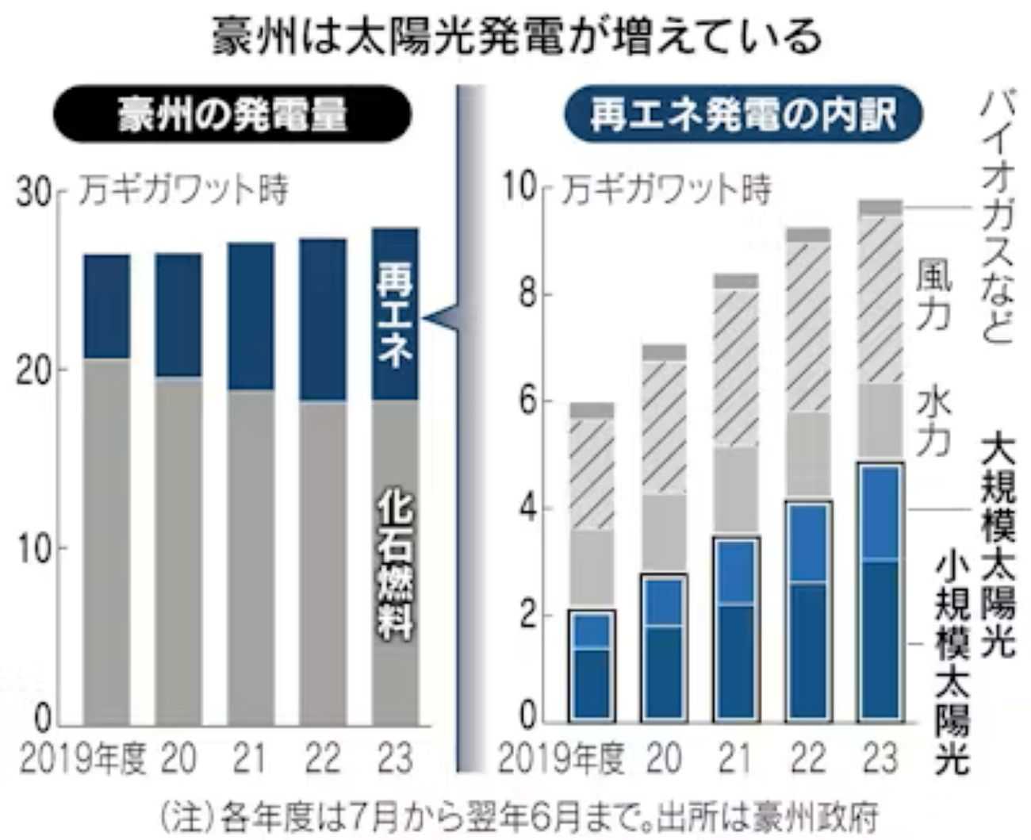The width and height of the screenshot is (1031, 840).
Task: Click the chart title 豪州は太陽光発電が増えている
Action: coord(516,37)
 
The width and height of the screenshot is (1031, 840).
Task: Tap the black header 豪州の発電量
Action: coord(231,115)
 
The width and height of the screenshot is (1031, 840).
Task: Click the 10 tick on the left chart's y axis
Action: coord(33,548)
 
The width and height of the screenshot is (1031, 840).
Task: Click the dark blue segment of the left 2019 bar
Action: coord(107,306)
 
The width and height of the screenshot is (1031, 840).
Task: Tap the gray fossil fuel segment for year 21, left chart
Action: coord(251,555)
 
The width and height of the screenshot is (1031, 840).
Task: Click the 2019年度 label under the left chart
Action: coord(82,759)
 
